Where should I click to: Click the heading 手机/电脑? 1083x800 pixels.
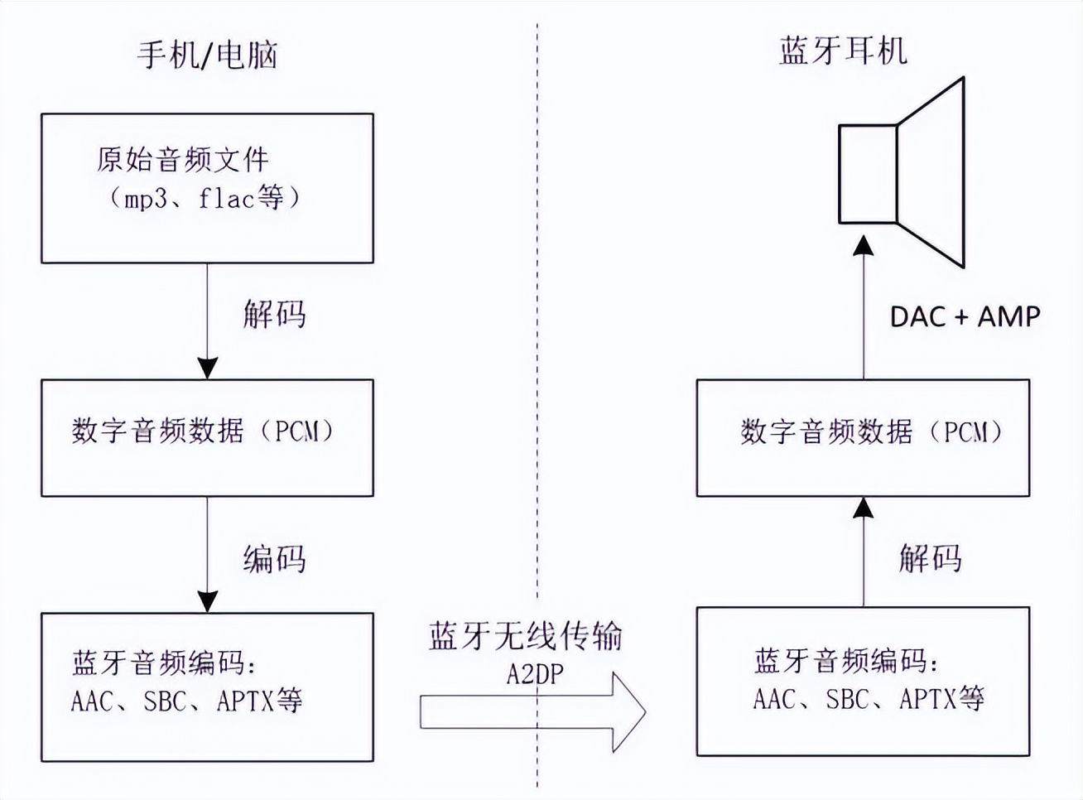tap(207, 55)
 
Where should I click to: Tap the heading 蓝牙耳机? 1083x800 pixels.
tap(843, 51)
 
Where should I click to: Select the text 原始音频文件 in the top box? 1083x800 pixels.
tap(182, 159)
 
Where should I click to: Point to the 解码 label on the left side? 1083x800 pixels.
tap(274, 315)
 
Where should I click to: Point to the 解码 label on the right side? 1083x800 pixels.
tap(930, 559)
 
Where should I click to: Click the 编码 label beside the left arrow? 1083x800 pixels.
tap(274, 560)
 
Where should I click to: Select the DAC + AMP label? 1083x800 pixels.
tap(965, 316)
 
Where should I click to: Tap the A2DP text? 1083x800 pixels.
tap(535, 674)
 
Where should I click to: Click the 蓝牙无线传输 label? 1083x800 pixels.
tap(526, 636)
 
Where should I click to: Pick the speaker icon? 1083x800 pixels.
tap(902, 173)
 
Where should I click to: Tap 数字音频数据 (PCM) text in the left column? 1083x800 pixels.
tap(204, 431)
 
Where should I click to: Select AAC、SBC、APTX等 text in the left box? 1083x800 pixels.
tap(187, 701)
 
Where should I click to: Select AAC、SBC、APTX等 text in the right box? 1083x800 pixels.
tap(869, 700)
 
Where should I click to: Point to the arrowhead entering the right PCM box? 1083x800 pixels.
tap(864, 507)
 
